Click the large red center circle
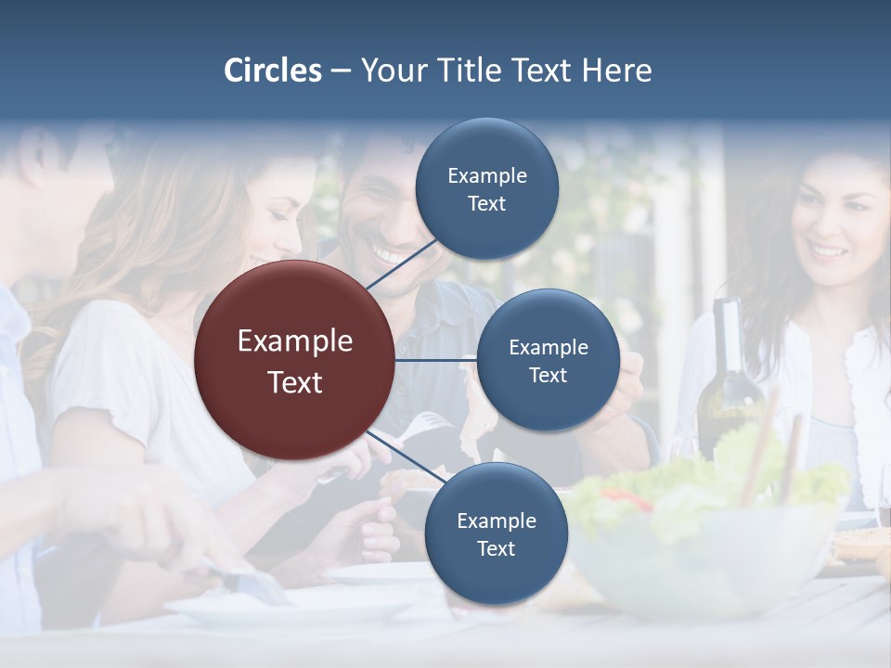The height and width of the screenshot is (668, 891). coord(295,361)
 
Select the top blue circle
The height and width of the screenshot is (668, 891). coord(486,189)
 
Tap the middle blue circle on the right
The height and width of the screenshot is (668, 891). coord(548,361)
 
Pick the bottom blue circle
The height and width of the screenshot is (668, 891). coord(496,534)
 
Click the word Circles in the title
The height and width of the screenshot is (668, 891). coord(273,71)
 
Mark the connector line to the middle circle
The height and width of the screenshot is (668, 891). coord(436,360)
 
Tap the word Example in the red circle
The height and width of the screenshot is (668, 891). coord(295,341)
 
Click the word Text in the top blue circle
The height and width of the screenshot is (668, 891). coord(486,203)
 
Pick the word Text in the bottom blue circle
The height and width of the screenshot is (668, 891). coord(496,548)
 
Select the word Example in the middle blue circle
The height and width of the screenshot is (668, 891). coord(548,348)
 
